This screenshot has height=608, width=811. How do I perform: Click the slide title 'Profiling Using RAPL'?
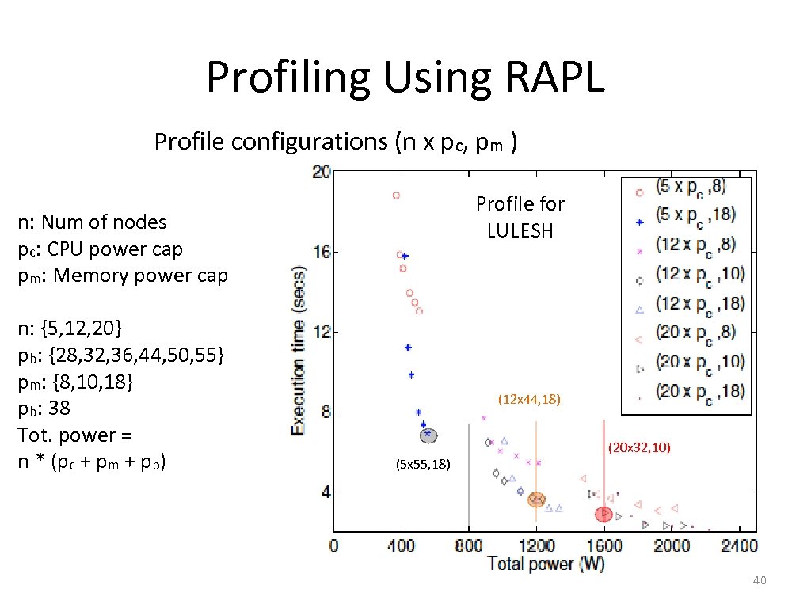405,78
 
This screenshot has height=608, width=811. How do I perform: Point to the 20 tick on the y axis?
321,173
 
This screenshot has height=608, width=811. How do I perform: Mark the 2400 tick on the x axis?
740,545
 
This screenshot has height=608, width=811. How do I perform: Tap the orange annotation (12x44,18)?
529,400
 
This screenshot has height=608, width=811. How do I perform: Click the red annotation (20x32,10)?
639,447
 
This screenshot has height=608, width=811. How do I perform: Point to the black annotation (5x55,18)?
423,465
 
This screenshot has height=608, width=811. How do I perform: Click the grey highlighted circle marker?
428,435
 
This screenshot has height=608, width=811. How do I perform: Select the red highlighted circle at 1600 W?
603,514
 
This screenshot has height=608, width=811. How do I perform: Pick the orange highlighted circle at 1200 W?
536,499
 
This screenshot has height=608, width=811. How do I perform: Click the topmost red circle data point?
396,195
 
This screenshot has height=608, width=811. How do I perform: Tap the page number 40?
759,581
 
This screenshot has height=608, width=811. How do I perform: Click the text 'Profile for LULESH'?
520,217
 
